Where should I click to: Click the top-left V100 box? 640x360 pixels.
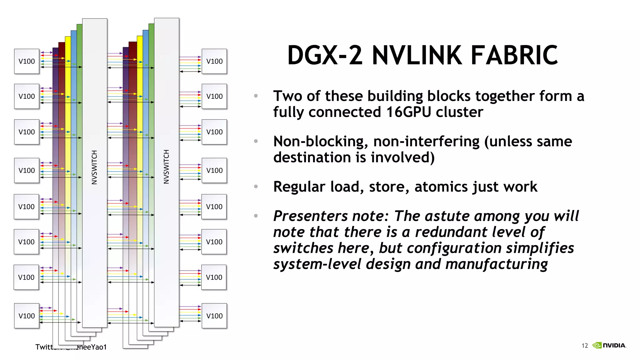[27, 61]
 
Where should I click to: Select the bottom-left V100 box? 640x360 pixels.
[27, 316]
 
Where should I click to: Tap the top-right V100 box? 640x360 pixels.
[214, 61]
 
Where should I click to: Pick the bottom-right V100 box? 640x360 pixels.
[214, 316]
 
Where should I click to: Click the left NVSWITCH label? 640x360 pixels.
[94, 167]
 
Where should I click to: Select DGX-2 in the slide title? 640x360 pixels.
[325, 56]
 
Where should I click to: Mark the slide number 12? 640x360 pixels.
[585, 346]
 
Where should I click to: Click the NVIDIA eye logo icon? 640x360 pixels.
[597, 345]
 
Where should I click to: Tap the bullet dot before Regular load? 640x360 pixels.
[256, 187]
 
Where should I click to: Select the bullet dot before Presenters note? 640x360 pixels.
[256, 216]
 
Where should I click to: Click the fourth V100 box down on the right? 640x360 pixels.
[214, 170]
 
